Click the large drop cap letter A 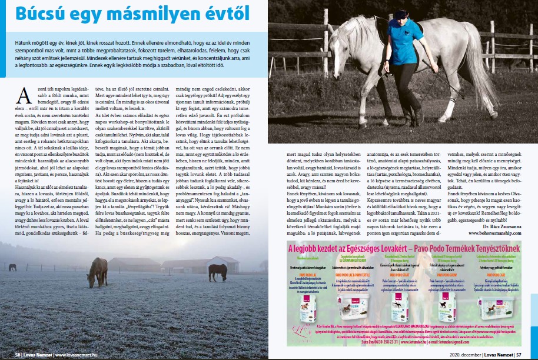point(25,95)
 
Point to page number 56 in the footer point(18,355)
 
